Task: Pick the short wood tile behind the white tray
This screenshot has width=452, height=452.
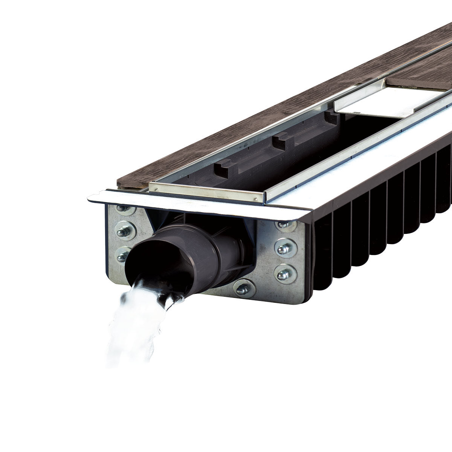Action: click(x=418, y=77)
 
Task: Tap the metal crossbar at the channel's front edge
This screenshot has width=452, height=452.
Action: click(x=207, y=190)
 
